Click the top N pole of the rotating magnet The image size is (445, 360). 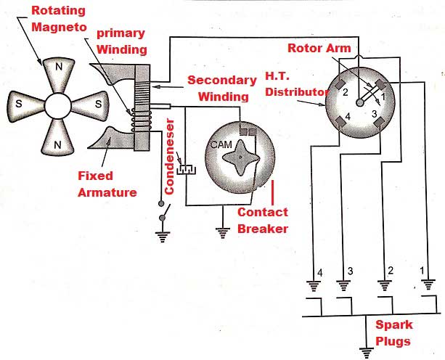(x=59, y=74)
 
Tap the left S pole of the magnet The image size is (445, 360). (x=25, y=105)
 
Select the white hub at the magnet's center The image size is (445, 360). (x=58, y=105)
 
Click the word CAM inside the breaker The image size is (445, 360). (x=221, y=144)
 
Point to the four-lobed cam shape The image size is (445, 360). (x=241, y=157)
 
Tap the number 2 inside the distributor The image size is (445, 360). (x=346, y=92)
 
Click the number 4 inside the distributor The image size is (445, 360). (x=348, y=116)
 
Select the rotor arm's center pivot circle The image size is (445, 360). (x=359, y=102)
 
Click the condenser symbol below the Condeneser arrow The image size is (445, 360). (x=187, y=169)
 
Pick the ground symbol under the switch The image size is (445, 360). (x=163, y=237)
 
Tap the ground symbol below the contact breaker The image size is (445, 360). (x=222, y=233)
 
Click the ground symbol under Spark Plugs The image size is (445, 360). (x=366, y=353)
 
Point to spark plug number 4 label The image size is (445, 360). (x=320, y=273)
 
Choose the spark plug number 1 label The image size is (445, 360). (x=422, y=271)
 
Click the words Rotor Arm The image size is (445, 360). (x=319, y=48)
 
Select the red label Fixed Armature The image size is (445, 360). (x=107, y=184)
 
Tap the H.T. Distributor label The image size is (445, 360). (x=296, y=84)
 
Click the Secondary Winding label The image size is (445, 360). (x=222, y=89)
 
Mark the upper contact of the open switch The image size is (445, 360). (x=161, y=203)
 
